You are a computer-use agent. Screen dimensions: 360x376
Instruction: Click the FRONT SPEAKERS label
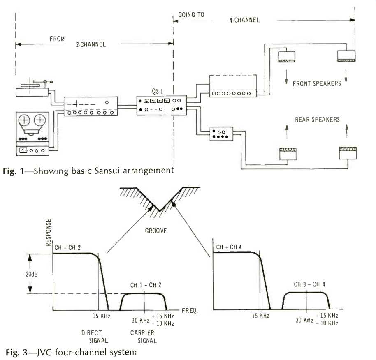tap(316, 84)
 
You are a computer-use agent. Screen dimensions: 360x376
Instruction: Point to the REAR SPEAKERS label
tap(317, 119)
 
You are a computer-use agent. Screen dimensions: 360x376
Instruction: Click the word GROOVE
tap(156, 231)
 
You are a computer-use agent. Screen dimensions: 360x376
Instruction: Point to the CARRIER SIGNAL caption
tap(142, 337)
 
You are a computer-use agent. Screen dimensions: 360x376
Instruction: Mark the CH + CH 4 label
tap(231, 247)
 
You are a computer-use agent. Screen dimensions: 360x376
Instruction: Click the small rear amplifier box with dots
tap(221, 134)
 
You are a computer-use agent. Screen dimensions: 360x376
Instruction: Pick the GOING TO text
tap(191, 15)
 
